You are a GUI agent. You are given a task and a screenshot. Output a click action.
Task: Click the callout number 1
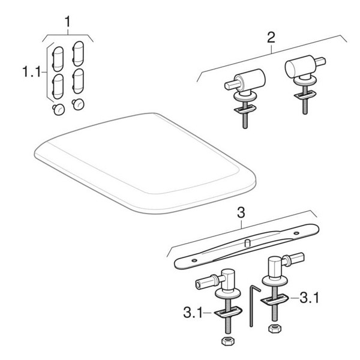click(x=67, y=22)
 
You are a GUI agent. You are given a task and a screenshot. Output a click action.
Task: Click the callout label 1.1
click(x=32, y=71)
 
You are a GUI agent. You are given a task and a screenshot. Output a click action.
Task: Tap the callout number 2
click(x=271, y=37)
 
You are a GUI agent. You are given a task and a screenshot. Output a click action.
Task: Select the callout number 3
click(x=241, y=212)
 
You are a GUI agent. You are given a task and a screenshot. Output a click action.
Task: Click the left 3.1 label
click(x=193, y=313)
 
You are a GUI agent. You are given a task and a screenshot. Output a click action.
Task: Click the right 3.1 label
click(x=309, y=298)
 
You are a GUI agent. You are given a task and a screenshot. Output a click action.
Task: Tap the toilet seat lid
click(x=145, y=163)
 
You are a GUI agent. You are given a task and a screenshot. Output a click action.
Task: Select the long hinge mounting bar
click(x=247, y=247)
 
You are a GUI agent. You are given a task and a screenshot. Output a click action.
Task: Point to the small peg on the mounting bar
click(x=247, y=243)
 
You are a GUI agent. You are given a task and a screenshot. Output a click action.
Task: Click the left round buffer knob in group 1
click(x=59, y=109)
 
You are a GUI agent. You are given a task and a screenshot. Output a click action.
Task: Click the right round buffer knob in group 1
click(x=78, y=104)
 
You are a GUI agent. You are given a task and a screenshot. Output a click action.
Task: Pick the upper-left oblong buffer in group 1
click(x=58, y=59)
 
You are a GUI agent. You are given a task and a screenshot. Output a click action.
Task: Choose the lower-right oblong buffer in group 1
click(x=78, y=81)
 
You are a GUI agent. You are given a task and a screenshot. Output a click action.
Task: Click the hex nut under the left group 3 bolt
click(x=228, y=341)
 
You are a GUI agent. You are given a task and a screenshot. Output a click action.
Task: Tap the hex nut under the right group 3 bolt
click(x=275, y=328)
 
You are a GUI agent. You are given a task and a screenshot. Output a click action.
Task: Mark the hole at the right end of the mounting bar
click(x=296, y=233)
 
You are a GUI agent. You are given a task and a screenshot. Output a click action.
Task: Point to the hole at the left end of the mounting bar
click(x=194, y=260)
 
